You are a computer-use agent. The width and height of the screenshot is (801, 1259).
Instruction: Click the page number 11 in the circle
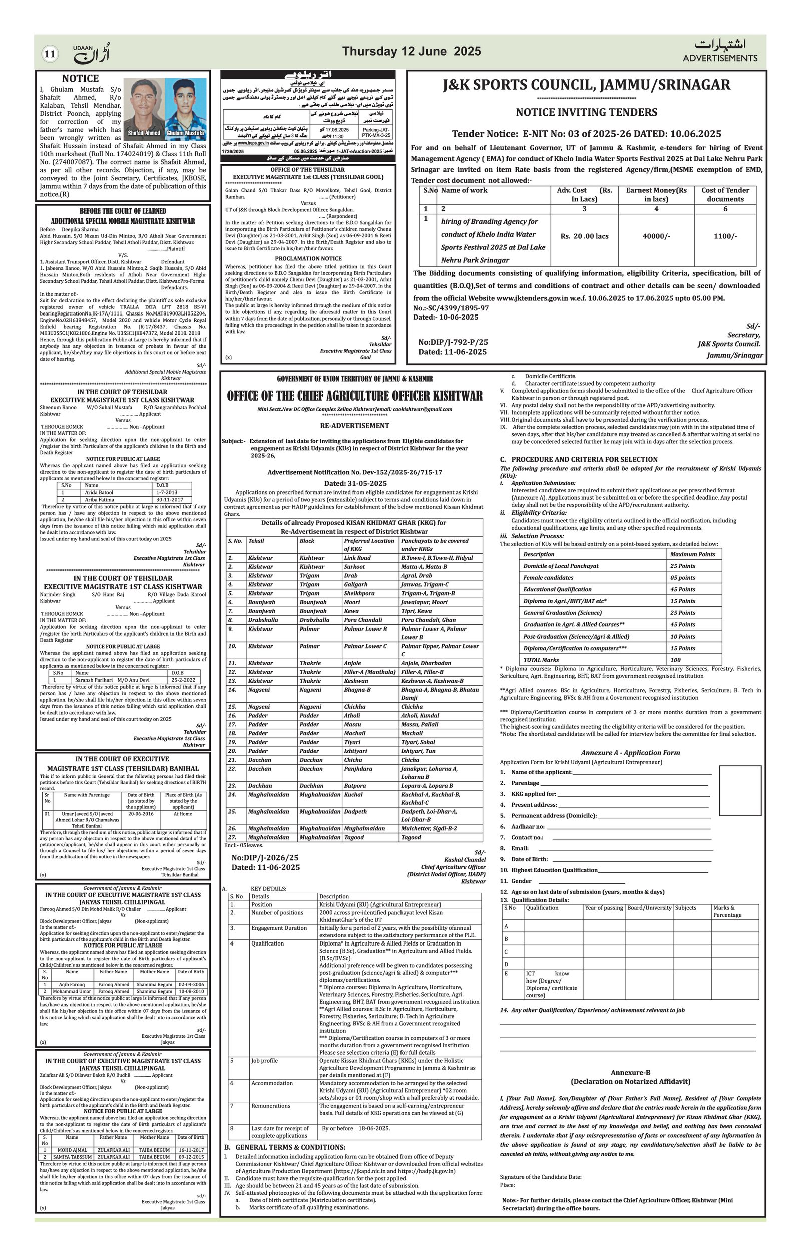point(50,53)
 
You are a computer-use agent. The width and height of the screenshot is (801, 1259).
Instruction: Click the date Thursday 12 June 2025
point(411,51)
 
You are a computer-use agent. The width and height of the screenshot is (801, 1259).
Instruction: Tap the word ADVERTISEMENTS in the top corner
point(719,58)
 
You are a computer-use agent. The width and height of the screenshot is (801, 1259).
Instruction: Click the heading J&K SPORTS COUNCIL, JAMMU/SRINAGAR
point(586,85)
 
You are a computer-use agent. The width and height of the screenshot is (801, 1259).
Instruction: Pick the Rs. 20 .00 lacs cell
point(584,236)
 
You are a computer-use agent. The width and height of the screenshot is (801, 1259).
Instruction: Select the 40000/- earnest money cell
point(656,236)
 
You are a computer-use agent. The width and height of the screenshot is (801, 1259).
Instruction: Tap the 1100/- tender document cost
point(725,236)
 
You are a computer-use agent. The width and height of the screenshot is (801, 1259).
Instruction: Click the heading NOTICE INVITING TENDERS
point(586,112)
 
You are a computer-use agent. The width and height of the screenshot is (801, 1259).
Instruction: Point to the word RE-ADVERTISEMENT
point(355,426)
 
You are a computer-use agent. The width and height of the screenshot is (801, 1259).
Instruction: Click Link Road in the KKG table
point(357,558)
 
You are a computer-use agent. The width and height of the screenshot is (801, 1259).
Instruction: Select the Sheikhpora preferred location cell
point(359,593)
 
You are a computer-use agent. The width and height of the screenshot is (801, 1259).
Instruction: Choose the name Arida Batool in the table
point(99,492)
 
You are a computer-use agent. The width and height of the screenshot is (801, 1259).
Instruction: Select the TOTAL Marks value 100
point(676,660)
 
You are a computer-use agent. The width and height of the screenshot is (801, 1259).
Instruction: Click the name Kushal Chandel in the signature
point(465,859)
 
